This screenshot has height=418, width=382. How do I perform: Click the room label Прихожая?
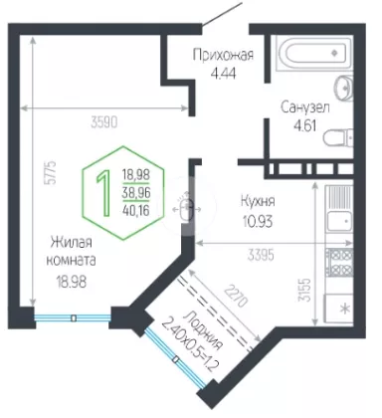[x=223, y=56]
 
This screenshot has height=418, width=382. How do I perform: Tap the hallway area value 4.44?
[x=223, y=73]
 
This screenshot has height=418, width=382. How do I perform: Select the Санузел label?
[x=305, y=107]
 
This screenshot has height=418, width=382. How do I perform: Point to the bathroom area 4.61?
[x=305, y=126]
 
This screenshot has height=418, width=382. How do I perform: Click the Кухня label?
[x=258, y=201]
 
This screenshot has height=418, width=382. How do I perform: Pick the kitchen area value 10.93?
[x=258, y=221]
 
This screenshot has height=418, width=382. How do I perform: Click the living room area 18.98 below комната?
[x=72, y=282]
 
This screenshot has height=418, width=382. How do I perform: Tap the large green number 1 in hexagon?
[x=103, y=193]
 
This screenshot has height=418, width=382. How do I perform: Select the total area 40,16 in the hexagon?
[x=136, y=210]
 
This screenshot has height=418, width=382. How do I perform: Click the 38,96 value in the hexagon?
[x=136, y=192]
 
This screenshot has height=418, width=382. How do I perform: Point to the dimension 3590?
[x=104, y=122]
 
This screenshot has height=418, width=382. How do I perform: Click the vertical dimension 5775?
[x=52, y=172]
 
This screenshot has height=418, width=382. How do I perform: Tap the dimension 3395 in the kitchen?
[x=261, y=255]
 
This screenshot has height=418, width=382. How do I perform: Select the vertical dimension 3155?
[x=305, y=290]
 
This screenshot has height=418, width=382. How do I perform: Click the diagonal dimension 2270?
[x=236, y=297]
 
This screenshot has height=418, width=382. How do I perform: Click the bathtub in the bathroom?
[x=313, y=54]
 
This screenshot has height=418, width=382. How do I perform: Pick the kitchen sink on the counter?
[x=339, y=222]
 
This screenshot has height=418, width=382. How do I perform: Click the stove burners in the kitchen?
[x=339, y=263]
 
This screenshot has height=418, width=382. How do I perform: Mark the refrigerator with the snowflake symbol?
[x=338, y=309]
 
